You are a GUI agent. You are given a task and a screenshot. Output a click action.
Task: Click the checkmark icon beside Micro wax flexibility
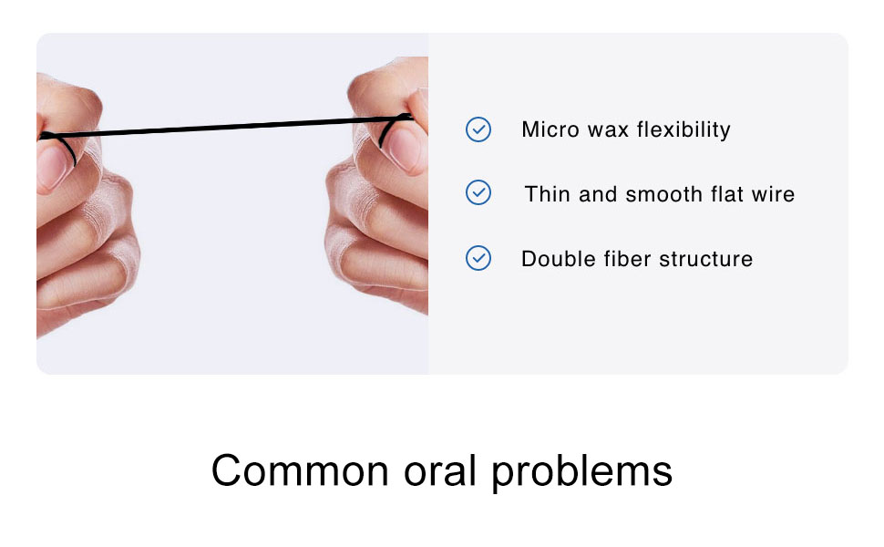point(478,129)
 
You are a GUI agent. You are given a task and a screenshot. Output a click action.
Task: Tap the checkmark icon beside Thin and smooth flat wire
point(478,193)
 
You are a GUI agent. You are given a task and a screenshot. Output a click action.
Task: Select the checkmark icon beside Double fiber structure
point(478,259)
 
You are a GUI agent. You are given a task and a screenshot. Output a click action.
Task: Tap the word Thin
point(547,194)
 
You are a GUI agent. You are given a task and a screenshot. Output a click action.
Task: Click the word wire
point(773,194)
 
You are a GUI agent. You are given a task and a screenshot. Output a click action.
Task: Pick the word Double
point(551,259)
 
